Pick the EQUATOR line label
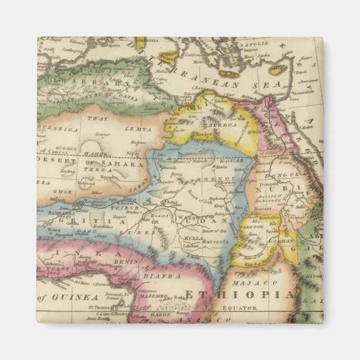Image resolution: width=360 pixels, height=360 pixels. (x=239, y=307)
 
